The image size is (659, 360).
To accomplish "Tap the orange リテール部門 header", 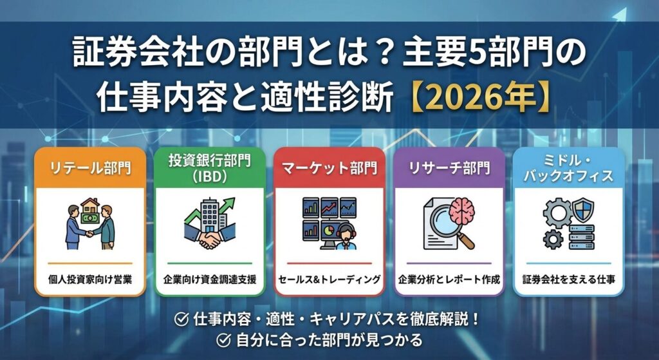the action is tap(90, 168).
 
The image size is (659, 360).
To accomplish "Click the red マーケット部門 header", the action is tap(329, 168).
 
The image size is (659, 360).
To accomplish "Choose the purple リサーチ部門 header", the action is tap(449, 168).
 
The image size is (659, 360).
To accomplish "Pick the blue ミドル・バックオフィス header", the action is tap(568, 168).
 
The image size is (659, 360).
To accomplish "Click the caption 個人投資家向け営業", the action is tap(90, 279).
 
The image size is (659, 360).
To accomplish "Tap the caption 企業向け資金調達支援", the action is tap(210, 279).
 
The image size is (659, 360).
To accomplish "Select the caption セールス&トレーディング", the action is tap(329, 279).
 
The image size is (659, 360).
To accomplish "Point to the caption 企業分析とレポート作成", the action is tap(449, 279).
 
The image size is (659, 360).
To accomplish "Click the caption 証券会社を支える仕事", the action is tap(569, 279).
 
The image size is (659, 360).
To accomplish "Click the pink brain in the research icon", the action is tap(461, 211).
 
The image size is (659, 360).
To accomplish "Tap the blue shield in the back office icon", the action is tap(584, 210).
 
